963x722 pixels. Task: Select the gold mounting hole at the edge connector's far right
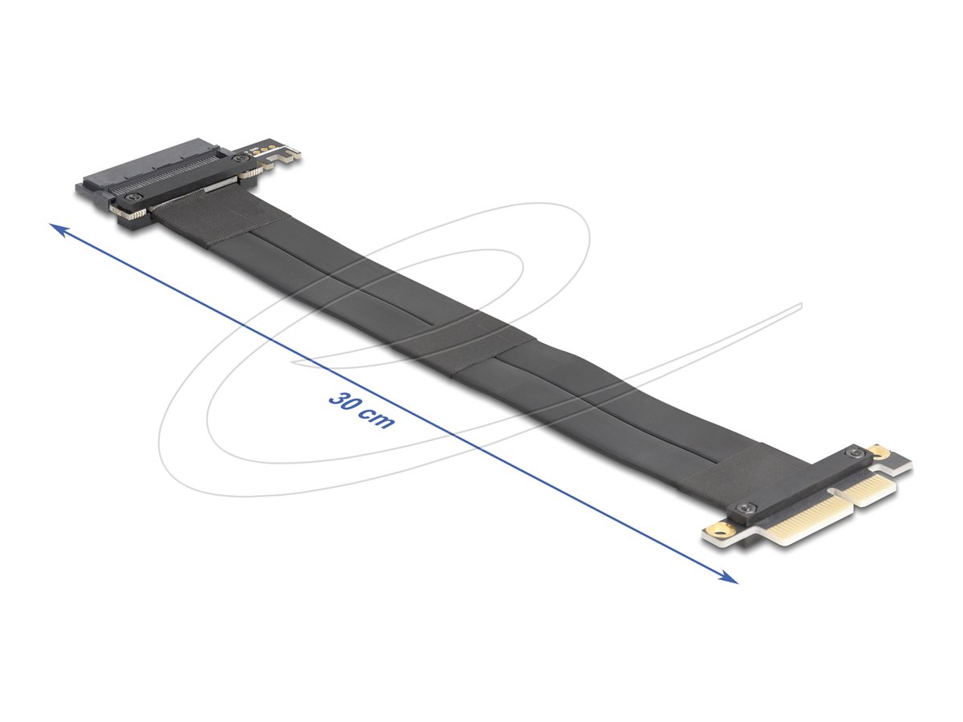tap(882, 455)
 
